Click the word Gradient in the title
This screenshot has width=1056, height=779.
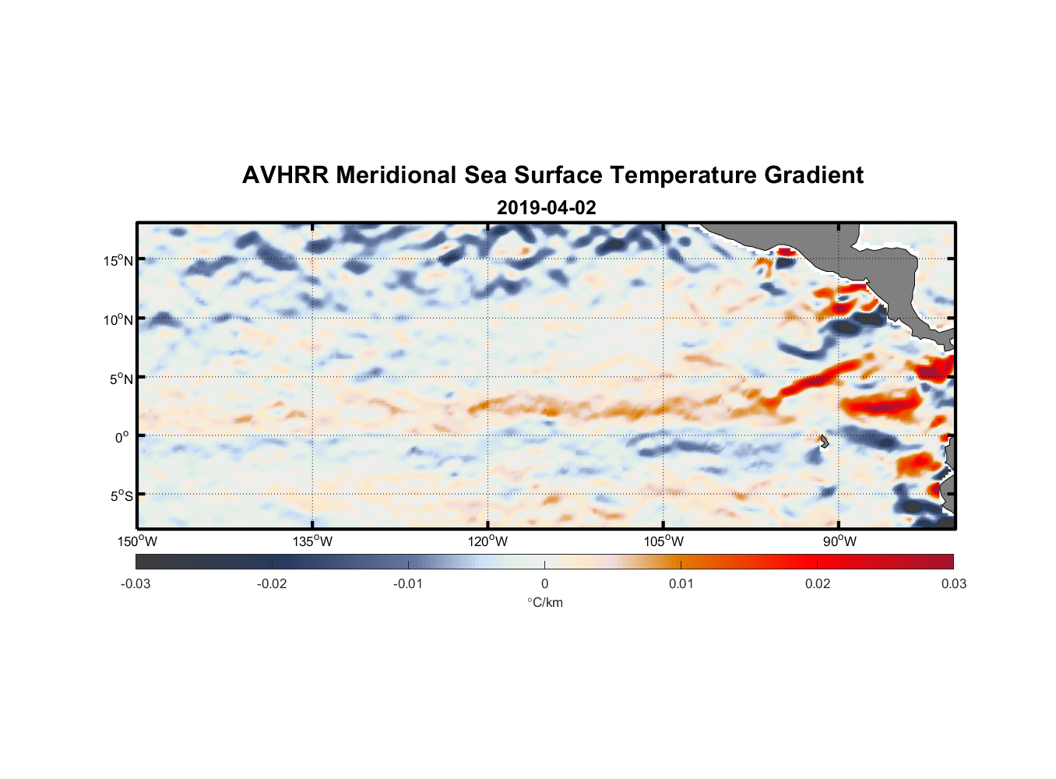pos(813,175)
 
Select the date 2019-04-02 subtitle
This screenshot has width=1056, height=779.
pos(546,208)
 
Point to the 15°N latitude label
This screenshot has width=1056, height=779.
pos(118,260)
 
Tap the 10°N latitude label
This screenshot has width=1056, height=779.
pos(118,319)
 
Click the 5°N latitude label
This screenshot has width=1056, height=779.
pos(121,379)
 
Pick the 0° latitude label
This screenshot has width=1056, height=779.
pos(122,437)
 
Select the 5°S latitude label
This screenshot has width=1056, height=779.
pos(121,496)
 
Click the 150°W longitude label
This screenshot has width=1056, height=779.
pos(137,541)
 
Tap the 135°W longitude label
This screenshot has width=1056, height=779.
pos(312,541)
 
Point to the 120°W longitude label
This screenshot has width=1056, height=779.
pos(488,541)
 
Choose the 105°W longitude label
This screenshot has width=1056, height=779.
pos(664,541)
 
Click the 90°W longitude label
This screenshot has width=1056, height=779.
pos(839,541)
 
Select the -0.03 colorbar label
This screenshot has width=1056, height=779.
pos(136,583)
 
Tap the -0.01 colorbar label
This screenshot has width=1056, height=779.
pos(407,583)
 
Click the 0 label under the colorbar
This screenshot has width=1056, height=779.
pos(544,583)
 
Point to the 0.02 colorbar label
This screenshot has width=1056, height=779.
pos(818,583)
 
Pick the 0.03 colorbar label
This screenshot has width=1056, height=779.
pos(953,583)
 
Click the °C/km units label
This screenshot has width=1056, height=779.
pos(544,602)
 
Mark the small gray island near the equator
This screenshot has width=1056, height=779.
pos(824,442)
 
